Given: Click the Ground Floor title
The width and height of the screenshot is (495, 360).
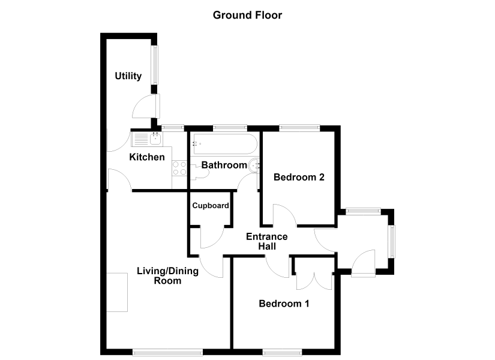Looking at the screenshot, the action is pyautogui.click(x=247, y=15).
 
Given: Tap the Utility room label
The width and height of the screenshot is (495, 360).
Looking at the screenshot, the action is pyautogui.click(x=128, y=76).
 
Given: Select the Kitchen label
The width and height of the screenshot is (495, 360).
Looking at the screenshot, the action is pyautogui.click(x=147, y=157).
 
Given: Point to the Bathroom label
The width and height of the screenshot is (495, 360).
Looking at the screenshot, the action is pyautogui.click(x=224, y=165).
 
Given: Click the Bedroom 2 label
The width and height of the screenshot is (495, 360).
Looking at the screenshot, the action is pyautogui.click(x=299, y=177).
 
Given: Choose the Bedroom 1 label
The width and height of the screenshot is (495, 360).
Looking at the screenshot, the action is pyautogui.click(x=284, y=304).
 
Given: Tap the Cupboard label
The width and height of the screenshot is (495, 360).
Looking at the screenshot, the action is pyautogui.click(x=211, y=206).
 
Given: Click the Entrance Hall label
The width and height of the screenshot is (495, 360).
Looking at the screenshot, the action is pyautogui.click(x=267, y=241).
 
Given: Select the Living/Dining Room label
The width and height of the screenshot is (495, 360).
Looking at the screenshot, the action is pyautogui.click(x=167, y=275).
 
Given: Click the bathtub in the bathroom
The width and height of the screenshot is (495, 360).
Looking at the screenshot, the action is pyautogui.click(x=226, y=144).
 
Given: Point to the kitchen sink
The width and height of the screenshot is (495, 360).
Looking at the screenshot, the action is pyautogui.click(x=148, y=139).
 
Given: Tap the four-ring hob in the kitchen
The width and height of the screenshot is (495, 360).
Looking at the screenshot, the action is pyautogui.click(x=179, y=168).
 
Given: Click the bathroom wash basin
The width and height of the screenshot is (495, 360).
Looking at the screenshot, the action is pyautogui.click(x=254, y=166).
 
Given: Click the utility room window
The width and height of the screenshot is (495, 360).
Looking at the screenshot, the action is pyautogui.click(x=154, y=65).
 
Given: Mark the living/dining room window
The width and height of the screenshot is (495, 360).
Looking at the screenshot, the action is pyautogui.click(x=167, y=352).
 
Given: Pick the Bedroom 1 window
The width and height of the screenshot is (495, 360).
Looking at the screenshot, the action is pyautogui.click(x=282, y=352).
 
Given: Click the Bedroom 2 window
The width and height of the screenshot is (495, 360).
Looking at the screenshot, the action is pyautogui.click(x=299, y=128).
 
